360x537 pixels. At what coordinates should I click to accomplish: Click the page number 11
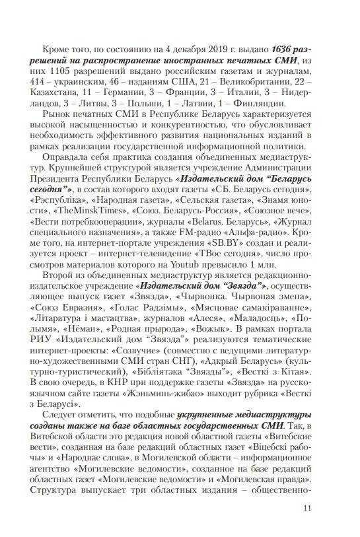tap(306, 507)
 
